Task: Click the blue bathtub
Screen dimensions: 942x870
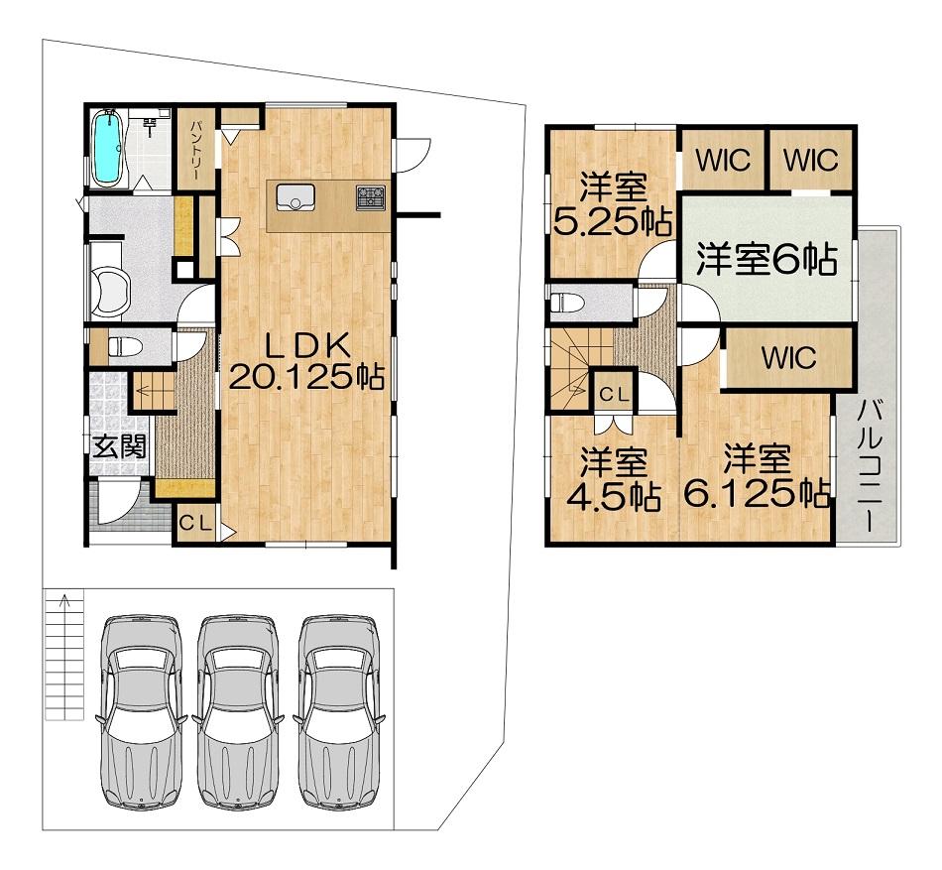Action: click(x=109, y=148)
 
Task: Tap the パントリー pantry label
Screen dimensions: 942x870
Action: click(x=197, y=150)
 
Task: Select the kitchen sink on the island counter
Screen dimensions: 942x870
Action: click(x=295, y=197)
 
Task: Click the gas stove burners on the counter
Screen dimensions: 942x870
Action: click(x=371, y=197)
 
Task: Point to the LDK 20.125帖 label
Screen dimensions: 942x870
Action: click(x=307, y=362)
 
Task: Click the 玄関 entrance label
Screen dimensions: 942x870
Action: click(x=120, y=446)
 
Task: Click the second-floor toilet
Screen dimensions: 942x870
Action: click(x=567, y=303)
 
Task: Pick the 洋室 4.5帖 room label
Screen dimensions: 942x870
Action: click(x=614, y=480)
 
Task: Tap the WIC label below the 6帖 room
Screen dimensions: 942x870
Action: click(x=789, y=357)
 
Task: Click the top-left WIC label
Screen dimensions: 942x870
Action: click(x=723, y=161)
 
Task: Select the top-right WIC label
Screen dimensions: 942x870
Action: click(x=810, y=161)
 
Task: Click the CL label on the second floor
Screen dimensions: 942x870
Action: click(x=615, y=395)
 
